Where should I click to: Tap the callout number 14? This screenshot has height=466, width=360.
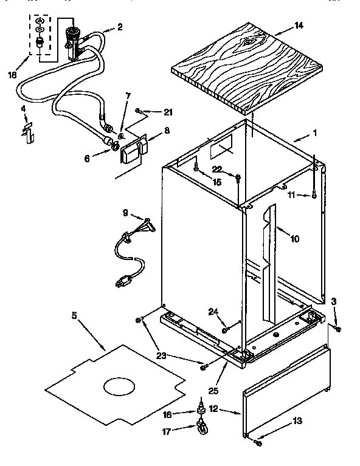point(298,26)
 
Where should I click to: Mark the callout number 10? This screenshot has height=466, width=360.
point(294,239)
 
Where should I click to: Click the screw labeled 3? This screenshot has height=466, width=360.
point(338,329)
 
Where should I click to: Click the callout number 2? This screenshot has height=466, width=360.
point(120,26)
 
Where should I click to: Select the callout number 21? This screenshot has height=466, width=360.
point(168,112)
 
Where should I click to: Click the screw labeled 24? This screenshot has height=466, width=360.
point(225,329)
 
